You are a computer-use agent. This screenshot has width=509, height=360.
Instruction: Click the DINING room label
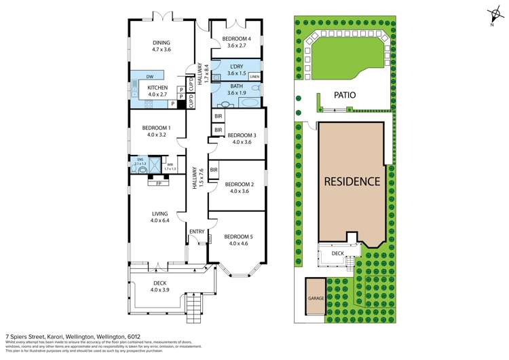pyautogui.click(x=161, y=42)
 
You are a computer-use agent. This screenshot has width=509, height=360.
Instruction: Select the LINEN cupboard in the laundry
pyautogui.click(x=254, y=77)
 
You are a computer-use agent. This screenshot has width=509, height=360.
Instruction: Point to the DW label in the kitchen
pyautogui.click(x=149, y=77)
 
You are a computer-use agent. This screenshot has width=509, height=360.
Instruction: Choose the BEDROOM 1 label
pyautogui.click(x=155, y=128)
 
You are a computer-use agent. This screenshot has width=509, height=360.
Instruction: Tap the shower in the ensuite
pyautogui.click(x=155, y=164)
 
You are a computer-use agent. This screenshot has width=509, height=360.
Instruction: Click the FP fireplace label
pyautogui.click(x=159, y=183)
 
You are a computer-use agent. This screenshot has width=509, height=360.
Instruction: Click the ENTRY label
pyautogui.click(x=197, y=232)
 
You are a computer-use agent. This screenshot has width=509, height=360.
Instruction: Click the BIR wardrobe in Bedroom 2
pyautogui.click(x=213, y=170)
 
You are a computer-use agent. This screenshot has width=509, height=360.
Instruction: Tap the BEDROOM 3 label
pyautogui.click(x=241, y=134)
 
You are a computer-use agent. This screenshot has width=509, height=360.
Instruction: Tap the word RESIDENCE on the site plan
pyautogui.click(x=352, y=181)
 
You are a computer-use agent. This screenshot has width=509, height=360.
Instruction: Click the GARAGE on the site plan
pyautogui.click(x=316, y=297)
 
